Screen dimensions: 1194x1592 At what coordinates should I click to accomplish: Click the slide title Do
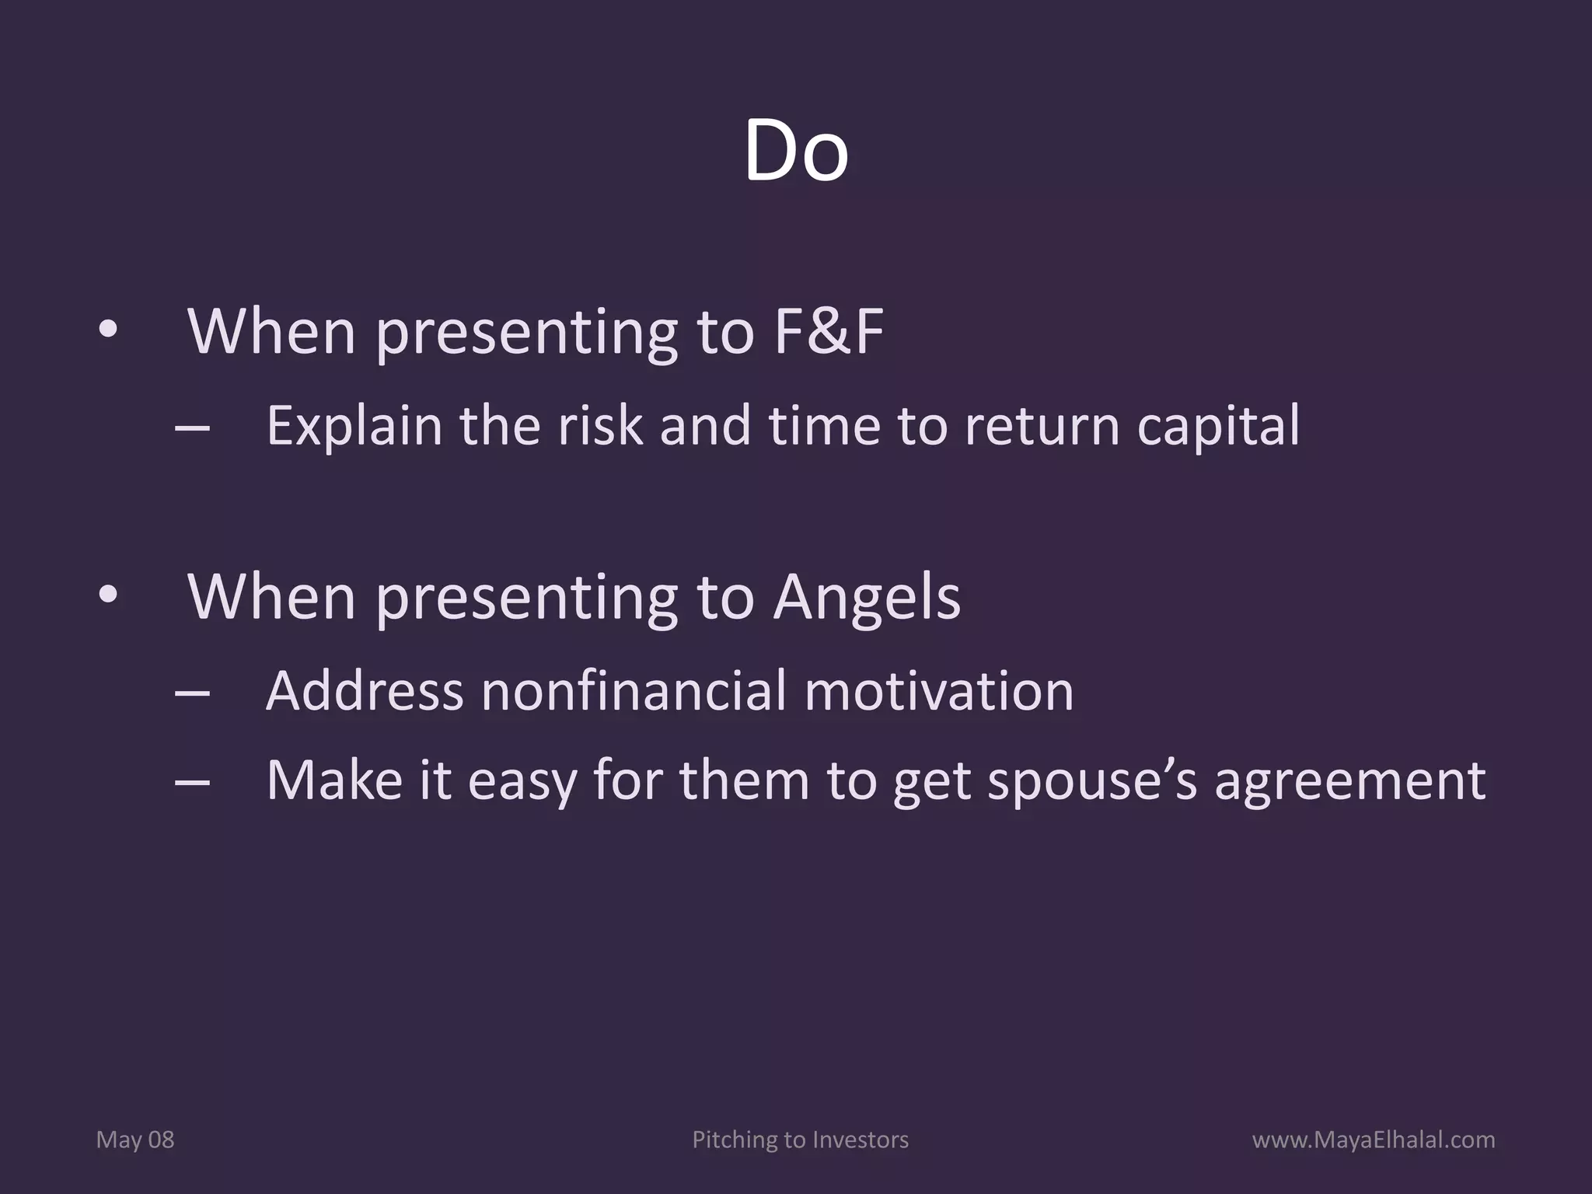[795, 152]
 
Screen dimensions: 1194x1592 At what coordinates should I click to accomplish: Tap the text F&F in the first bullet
[829, 332]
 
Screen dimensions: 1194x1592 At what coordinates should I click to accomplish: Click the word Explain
[354, 427]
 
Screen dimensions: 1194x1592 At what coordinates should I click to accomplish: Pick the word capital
[1217, 427]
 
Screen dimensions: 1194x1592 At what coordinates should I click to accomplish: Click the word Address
[365, 690]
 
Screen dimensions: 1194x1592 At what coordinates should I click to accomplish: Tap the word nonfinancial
[634, 690]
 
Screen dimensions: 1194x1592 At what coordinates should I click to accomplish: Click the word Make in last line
[334, 779]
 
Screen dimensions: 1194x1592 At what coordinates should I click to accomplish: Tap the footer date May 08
[135, 1140]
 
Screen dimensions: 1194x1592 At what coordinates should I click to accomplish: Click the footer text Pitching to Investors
[800, 1140]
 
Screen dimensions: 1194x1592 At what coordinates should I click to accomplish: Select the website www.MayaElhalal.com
[1374, 1140]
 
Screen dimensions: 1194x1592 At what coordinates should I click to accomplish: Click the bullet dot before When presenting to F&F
[108, 331]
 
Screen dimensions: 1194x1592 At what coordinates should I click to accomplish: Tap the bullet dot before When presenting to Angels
[108, 595]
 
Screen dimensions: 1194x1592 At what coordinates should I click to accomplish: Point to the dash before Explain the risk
[193, 427]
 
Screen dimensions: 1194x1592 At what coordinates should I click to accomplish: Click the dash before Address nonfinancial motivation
[193, 691]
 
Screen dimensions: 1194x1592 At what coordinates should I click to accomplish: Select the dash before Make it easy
[193, 781]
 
